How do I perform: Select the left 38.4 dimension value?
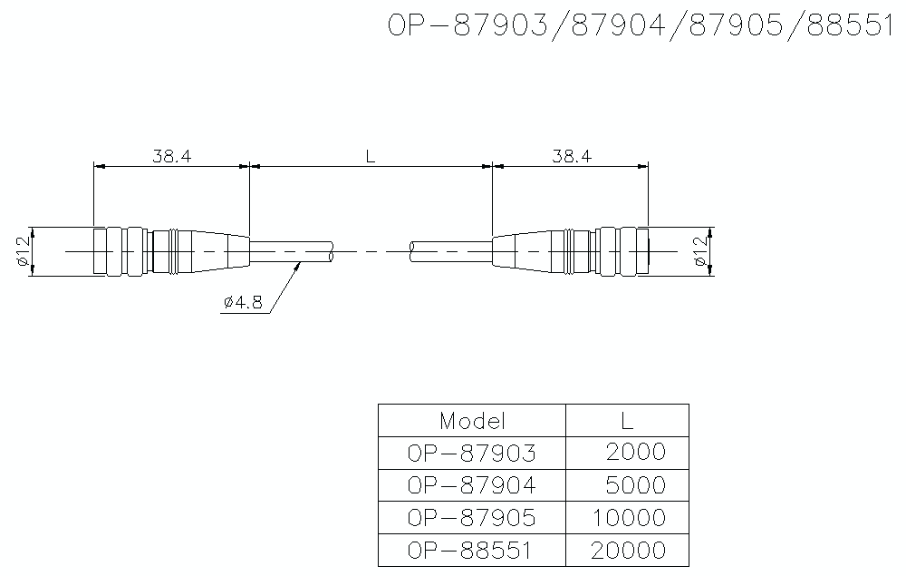click(x=171, y=156)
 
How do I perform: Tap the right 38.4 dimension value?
click(x=572, y=156)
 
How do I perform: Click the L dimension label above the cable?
click(x=370, y=156)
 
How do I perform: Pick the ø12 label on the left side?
click(x=23, y=250)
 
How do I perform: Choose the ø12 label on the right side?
click(x=699, y=250)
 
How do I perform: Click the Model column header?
click(x=471, y=421)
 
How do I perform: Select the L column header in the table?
click(x=627, y=421)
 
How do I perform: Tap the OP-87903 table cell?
click(x=471, y=452)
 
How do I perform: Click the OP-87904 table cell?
click(x=471, y=485)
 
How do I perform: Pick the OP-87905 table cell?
click(x=471, y=518)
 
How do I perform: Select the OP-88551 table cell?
click(x=471, y=551)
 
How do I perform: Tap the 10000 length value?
click(x=628, y=518)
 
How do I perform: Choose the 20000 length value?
click(x=628, y=551)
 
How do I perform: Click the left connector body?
click(x=171, y=250)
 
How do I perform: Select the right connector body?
click(x=571, y=250)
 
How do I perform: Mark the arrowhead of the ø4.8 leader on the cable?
click(x=300, y=264)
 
